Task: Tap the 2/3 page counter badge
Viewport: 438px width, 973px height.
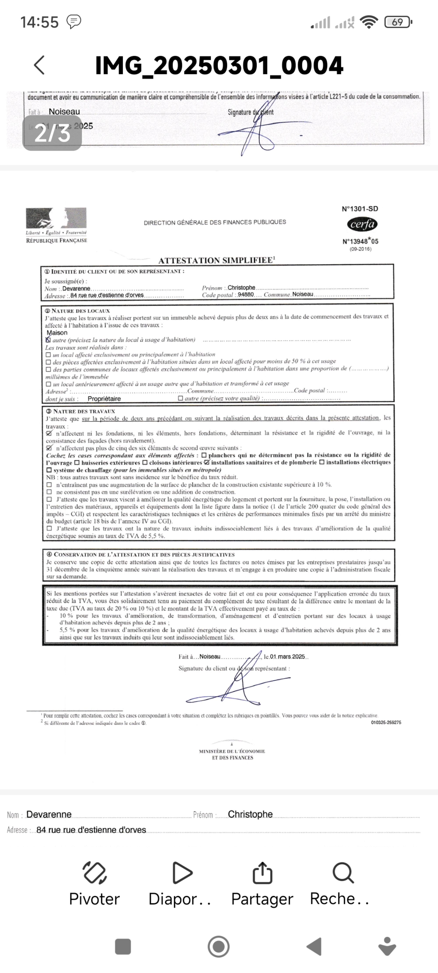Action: [x=52, y=133]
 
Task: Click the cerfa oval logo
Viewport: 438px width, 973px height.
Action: [x=362, y=224]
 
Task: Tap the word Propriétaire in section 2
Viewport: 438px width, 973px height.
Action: [x=104, y=398]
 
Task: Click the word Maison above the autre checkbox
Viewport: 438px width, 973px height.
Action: [x=57, y=332]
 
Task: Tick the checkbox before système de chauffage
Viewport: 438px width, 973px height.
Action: [x=49, y=470]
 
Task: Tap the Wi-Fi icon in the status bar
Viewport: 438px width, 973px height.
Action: [x=368, y=22]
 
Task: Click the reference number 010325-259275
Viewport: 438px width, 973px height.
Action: [x=386, y=722]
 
